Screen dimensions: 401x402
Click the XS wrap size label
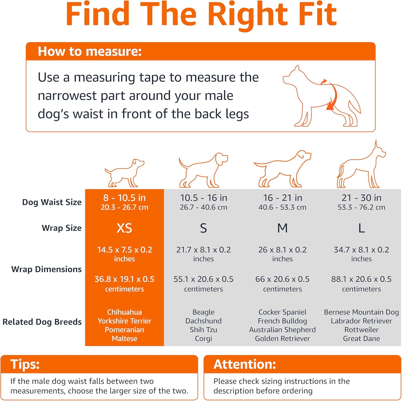click(124, 228)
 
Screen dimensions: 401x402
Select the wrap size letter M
click(282, 228)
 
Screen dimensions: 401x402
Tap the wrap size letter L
click(362, 228)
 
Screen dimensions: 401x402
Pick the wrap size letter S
click(203, 228)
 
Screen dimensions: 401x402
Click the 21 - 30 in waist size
click(361, 198)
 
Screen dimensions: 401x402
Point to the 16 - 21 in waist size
click(282, 198)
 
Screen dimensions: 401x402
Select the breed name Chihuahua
click(124, 312)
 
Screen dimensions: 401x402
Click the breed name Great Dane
click(361, 339)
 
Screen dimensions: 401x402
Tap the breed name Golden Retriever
click(282, 339)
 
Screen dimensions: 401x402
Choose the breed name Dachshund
click(203, 321)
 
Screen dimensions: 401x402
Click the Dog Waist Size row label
click(52, 202)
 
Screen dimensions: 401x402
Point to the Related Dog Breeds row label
click(42, 322)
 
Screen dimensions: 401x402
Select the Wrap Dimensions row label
click(46, 269)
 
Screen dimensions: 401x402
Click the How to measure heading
click(90, 51)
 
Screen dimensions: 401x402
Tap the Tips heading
click(25, 364)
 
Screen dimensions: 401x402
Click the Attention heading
click(245, 364)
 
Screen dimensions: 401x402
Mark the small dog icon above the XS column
click(124, 173)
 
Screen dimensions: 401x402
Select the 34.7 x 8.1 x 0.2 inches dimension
click(361, 254)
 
